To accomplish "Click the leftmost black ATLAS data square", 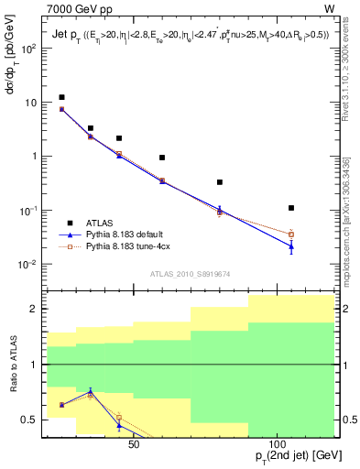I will click(61, 97).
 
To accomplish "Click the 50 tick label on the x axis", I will click(134, 444).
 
